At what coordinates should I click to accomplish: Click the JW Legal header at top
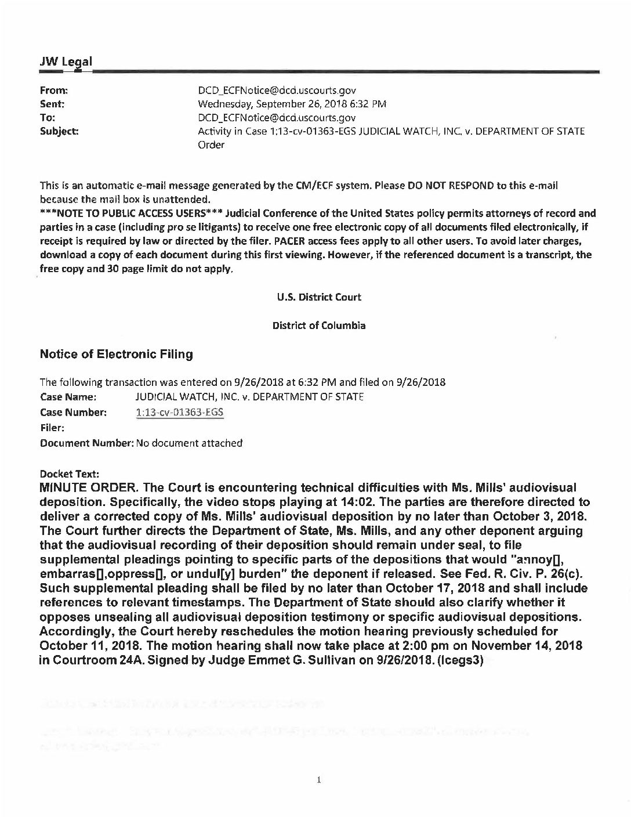pos(65,61)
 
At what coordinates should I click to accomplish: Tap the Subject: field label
pos(59,132)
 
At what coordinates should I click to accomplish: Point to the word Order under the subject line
pos(211,145)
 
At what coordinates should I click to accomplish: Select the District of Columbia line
pos(319,326)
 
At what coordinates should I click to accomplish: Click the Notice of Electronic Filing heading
pos(116,354)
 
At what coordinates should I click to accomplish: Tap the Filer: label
pos(52,428)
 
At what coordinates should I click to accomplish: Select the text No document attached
pos(189,443)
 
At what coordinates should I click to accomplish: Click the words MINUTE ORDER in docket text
pos(88,487)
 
